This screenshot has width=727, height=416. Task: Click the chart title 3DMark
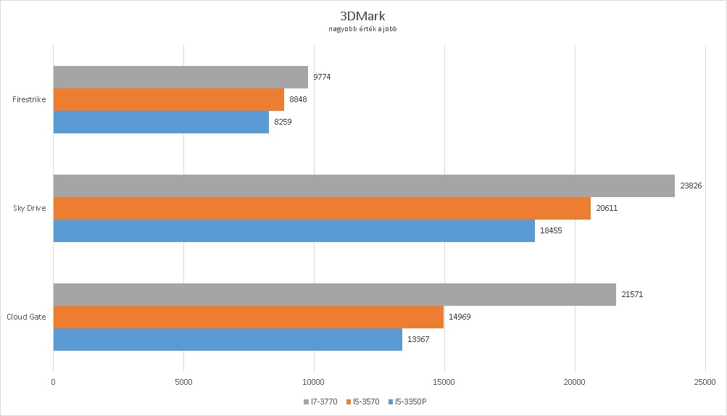coord(362,16)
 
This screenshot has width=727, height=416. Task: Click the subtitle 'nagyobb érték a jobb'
coord(362,30)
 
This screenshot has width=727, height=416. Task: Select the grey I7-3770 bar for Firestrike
coord(180,77)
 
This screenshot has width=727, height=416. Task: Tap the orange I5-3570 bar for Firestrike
coord(168,99)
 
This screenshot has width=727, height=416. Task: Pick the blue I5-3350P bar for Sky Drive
coord(294,230)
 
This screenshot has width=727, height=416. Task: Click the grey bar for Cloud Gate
coord(334,294)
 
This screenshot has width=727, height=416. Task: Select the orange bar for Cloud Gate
coord(248,317)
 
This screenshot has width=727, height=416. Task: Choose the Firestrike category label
coord(30,99)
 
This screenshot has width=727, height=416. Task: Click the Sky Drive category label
coord(30,208)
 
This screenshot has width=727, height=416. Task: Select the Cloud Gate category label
coord(28,317)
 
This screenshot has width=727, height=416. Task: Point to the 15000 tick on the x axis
coord(444,381)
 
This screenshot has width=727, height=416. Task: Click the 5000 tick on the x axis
coord(183,381)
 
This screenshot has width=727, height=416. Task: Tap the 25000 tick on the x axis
coord(705,381)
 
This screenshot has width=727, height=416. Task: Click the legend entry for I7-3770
coord(321,401)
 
